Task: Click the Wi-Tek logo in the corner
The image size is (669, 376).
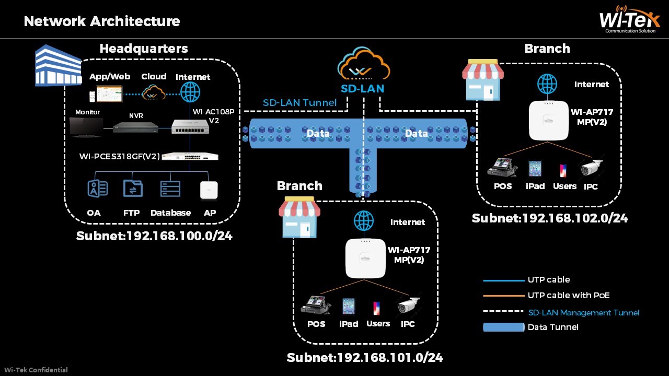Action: (x=629, y=20)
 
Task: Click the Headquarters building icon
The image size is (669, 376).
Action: (x=58, y=65)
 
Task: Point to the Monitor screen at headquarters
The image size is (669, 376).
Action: (x=86, y=127)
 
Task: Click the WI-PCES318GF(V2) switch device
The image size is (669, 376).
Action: (x=190, y=156)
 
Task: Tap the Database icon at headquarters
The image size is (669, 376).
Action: (x=170, y=189)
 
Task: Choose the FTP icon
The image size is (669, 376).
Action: (x=132, y=189)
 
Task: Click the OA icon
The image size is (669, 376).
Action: (x=97, y=189)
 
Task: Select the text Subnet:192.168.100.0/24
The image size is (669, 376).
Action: (x=154, y=236)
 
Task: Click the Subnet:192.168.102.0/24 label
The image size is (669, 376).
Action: (x=549, y=218)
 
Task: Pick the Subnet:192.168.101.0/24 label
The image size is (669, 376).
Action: (x=365, y=358)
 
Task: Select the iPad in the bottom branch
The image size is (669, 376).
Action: (x=349, y=306)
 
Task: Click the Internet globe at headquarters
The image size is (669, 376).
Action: (x=190, y=93)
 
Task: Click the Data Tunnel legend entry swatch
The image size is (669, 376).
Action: (x=503, y=327)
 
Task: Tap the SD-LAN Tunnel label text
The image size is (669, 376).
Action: (x=299, y=103)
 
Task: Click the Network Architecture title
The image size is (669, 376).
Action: (x=102, y=21)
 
